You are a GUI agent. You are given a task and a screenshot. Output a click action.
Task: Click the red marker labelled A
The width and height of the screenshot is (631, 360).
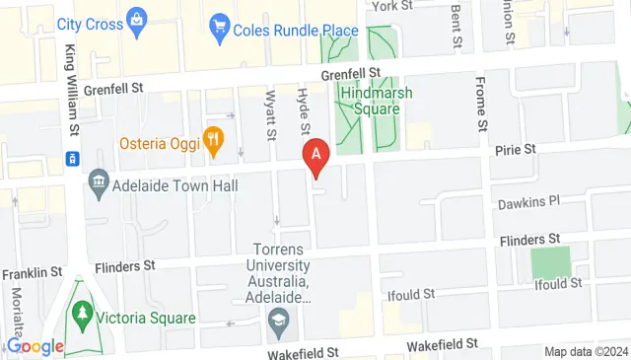[x=315, y=155]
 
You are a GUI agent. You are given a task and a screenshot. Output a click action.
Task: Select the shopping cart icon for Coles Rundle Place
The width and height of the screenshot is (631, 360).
[x=219, y=30]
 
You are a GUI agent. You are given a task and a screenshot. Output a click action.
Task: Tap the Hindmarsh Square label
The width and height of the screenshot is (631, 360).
[x=370, y=101]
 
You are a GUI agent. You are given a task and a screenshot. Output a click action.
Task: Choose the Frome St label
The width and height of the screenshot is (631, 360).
[x=481, y=104]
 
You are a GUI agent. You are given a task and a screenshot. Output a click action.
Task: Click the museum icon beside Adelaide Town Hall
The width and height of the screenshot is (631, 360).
[x=98, y=181]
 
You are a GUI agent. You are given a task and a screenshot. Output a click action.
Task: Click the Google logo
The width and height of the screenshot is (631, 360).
[x=35, y=345]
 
